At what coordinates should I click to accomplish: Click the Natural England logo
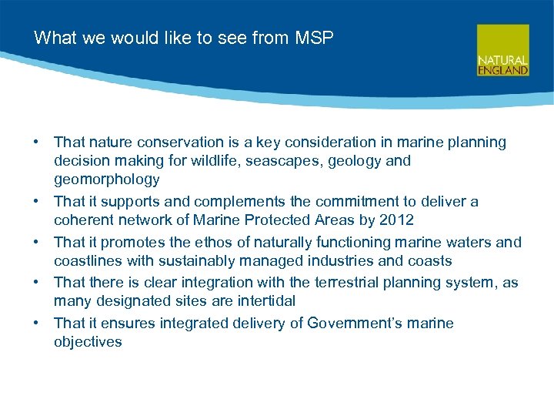coord(502,50)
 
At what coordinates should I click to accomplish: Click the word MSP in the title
coord(315,38)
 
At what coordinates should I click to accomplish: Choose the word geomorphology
coord(106,179)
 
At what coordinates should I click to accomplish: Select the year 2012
coord(398,220)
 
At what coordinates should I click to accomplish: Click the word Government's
coord(355,324)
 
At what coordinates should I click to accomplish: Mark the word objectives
coord(88,342)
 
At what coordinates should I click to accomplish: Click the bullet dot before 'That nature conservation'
coord(36,143)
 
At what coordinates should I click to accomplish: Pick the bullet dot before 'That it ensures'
coord(36,324)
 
